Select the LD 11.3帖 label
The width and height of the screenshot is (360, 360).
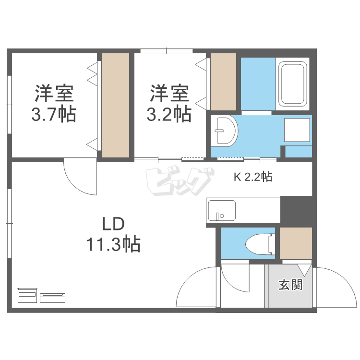(113, 235)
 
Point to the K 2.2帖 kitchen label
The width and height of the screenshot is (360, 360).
(253, 177)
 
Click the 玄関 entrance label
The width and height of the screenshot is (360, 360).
(290, 285)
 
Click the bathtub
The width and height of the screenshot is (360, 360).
(292, 84)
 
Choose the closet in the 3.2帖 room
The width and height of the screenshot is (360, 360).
(223, 82)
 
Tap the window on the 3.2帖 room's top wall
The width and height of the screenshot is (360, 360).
(167, 50)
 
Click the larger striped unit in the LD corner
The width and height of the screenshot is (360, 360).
(27, 295)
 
